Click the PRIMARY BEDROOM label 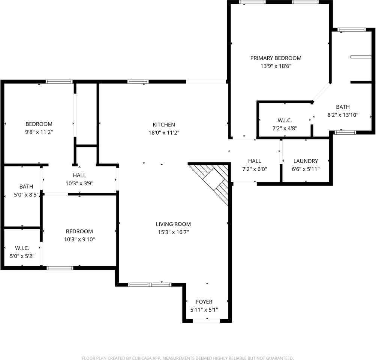coord(276,58)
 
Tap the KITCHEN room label coord(164,125)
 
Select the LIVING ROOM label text coord(173,224)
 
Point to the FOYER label coord(204,302)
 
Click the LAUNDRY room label coord(306,161)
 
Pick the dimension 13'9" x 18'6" coord(276,66)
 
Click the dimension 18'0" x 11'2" coord(164,133)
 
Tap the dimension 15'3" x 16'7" coord(173,232)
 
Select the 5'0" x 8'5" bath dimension coord(26,195)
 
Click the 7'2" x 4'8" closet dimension coord(285,128)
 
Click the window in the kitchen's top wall coord(138,82)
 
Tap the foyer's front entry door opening coord(207,321)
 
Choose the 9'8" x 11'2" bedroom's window coord(59,82)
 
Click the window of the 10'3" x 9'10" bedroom coord(60,268)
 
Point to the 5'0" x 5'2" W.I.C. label coord(22,248)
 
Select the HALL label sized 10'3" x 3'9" coord(79,175)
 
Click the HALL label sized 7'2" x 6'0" coord(255,161)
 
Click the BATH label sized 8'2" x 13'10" coord(343,107)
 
